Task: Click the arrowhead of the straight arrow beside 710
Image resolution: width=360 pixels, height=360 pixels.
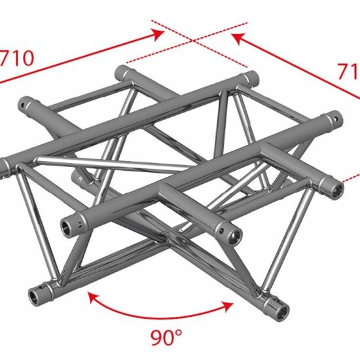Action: tap(159, 32)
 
